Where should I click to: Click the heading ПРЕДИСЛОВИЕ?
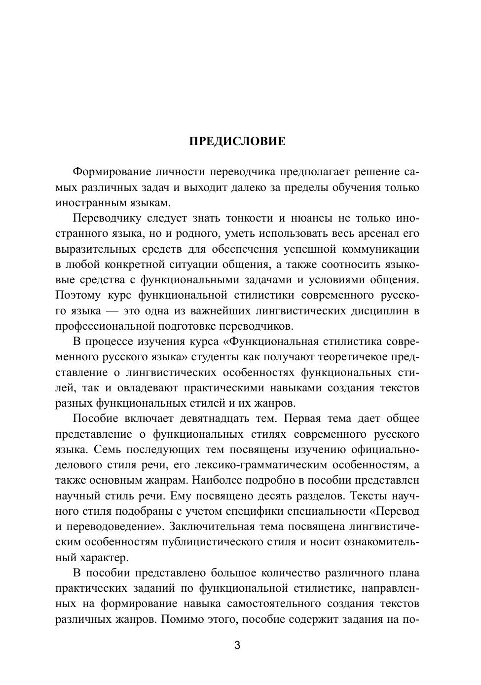coord(237,142)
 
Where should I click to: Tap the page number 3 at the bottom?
coord(237,646)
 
